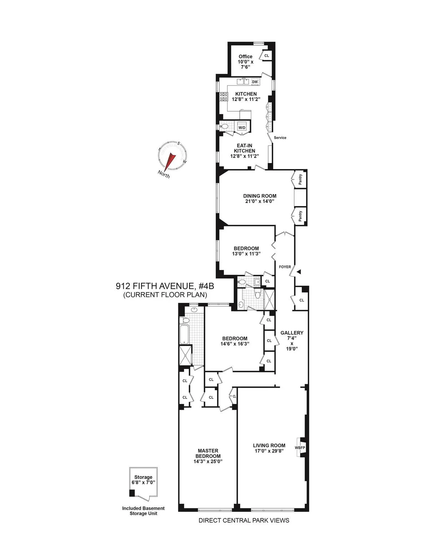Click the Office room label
pos(245,56)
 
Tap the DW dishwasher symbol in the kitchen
pos(255,82)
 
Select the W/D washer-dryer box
pos(242,127)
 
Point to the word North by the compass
pos(164,174)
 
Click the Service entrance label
pos(280,138)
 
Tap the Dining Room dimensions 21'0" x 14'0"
pos(260,201)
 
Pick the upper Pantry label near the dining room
pos(301,179)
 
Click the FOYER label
pos(285,267)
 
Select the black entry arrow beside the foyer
pos(299,272)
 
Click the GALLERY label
pos(292,333)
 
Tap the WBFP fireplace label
pos(300,448)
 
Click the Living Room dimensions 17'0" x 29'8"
pos(269,451)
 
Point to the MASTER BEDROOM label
pos(208,453)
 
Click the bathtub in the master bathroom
pos(185,335)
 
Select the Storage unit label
pos(143,477)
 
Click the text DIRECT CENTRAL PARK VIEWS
pos(244,520)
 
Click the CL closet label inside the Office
pos(266,56)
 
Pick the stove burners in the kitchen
pos(224,97)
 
